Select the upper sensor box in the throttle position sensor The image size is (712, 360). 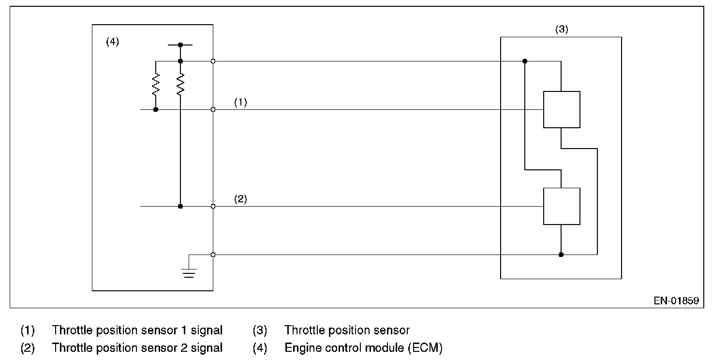(x=561, y=109)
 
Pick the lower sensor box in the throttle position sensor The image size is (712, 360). (x=561, y=206)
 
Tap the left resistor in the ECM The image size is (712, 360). (x=156, y=85)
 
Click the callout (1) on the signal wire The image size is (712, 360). (x=240, y=103)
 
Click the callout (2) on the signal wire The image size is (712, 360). (x=240, y=199)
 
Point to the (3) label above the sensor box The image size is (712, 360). (x=561, y=29)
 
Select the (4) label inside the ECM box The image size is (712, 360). (x=112, y=42)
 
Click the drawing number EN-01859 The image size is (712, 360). (x=676, y=300)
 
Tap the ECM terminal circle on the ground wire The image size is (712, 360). (x=213, y=255)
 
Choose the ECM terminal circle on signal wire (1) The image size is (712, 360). (x=213, y=109)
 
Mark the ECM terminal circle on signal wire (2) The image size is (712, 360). (x=213, y=206)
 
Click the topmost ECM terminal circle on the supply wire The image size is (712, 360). (x=213, y=61)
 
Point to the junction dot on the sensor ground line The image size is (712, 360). (x=561, y=255)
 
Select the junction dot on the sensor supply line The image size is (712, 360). (x=525, y=61)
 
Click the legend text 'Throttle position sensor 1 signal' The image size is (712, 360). (x=137, y=330)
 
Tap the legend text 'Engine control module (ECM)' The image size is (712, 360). (x=363, y=347)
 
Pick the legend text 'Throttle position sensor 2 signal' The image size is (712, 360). (x=137, y=347)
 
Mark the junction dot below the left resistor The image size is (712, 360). (x=156, y=109)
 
